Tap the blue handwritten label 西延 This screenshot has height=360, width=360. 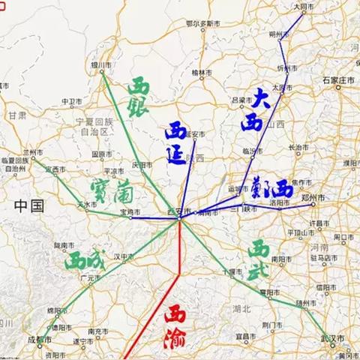(177, 142)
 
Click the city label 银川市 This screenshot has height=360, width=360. (100, 66)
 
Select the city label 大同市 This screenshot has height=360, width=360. (303, 6)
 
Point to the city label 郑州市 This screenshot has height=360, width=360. (316, 197)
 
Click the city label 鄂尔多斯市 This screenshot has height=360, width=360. (202, 24)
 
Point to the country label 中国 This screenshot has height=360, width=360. (29, 205)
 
